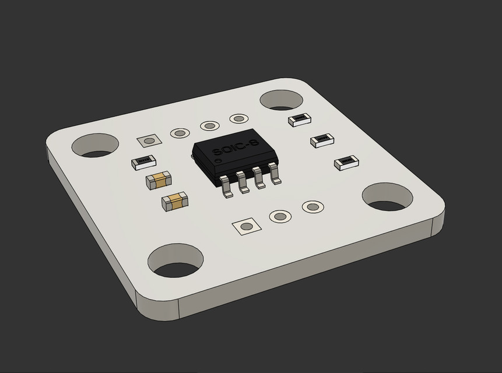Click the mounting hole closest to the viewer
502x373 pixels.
pyautogui.click(x=175, y=262)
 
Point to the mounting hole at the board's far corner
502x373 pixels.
pyautogui.click(x=280, y=100)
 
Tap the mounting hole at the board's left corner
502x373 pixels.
pyautogui.click(x=94, y=146)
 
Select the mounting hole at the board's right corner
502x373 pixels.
pyautogui.click(x=388, y=197)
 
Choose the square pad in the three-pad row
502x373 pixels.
pyautogui.click(x=245, y=226)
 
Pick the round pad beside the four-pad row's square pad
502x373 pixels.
pyautogui.click(x=180, y=133)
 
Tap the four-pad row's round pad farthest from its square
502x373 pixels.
pyautogui.click(x=238, y=119)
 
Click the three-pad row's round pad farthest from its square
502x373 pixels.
pyautogui.click(x=313, y=207)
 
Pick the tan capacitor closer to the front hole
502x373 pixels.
pyautogui.click(x=175, y=201)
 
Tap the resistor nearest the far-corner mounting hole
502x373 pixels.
pyautogui.click(x=300, y=119)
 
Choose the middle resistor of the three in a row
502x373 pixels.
pyautogui.click(x=322, y=139)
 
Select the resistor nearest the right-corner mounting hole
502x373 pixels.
pyautogui.click(x=346, y=162)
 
